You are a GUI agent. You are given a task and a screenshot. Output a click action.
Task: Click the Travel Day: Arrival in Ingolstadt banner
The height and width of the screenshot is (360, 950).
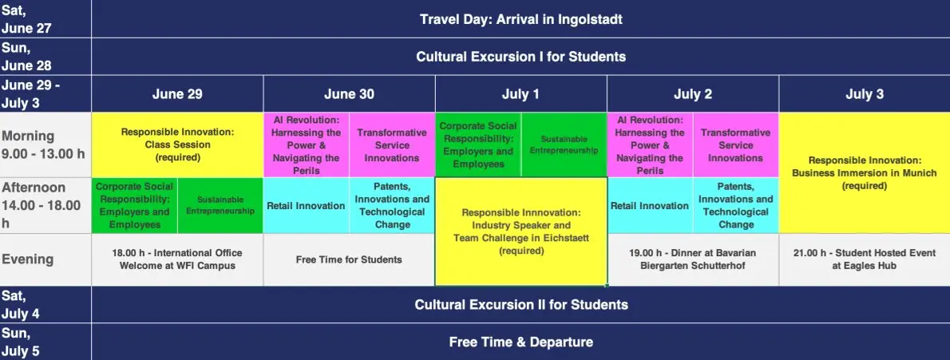(x=521, y=19)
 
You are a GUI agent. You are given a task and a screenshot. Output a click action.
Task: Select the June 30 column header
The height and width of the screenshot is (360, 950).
(x=349, y=94)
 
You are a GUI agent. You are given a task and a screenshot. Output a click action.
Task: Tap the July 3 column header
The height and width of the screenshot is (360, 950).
(x=865, y=94)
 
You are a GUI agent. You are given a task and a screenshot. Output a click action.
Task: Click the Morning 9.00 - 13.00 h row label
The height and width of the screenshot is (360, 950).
(x=43, y=144)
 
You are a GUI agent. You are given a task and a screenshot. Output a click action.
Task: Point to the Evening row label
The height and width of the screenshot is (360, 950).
(x=28, y=259)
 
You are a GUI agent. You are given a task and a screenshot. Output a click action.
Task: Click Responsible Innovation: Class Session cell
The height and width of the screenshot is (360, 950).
(x=177, y=144)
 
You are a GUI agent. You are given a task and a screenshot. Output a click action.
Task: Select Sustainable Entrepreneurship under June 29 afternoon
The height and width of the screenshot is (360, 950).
(x=220, y=205)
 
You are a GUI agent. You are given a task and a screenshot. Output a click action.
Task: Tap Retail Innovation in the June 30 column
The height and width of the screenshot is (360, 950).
(x=306, y=205)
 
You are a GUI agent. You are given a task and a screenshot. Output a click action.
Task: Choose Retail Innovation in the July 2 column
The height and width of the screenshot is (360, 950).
(x=650, y=205)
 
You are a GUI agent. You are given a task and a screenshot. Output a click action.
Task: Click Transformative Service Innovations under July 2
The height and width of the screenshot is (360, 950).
(x=735, y=144)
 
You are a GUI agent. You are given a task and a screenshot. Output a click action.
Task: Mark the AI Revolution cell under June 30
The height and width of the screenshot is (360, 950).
(x=306, y=144)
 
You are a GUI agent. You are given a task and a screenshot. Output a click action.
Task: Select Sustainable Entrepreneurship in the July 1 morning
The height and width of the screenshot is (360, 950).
(x=564, y=144)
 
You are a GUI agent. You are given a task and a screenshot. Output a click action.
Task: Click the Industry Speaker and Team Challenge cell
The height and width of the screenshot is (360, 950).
(x=521, y=231)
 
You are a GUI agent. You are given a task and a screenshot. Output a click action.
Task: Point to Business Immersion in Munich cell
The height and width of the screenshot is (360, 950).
(x=865, y=172)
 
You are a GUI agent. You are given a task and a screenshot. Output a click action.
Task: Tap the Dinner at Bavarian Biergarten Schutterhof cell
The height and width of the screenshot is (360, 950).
(x=692, y=259)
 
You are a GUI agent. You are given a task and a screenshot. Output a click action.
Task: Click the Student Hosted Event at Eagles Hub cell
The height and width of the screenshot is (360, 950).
(x=865, y=259)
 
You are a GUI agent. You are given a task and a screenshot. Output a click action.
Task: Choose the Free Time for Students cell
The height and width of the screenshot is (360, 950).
(x=349, y=259)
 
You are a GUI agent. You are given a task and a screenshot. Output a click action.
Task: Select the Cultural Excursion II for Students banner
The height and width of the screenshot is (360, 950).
(x=521, y=304)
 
